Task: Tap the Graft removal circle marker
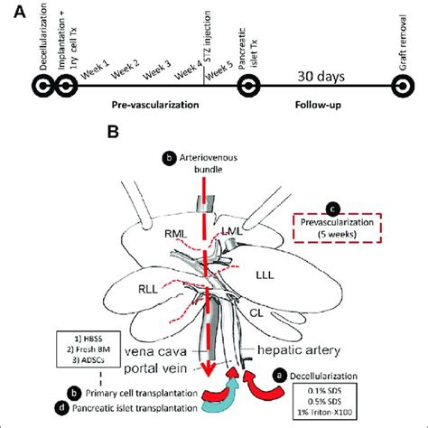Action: tap(401, 86)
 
